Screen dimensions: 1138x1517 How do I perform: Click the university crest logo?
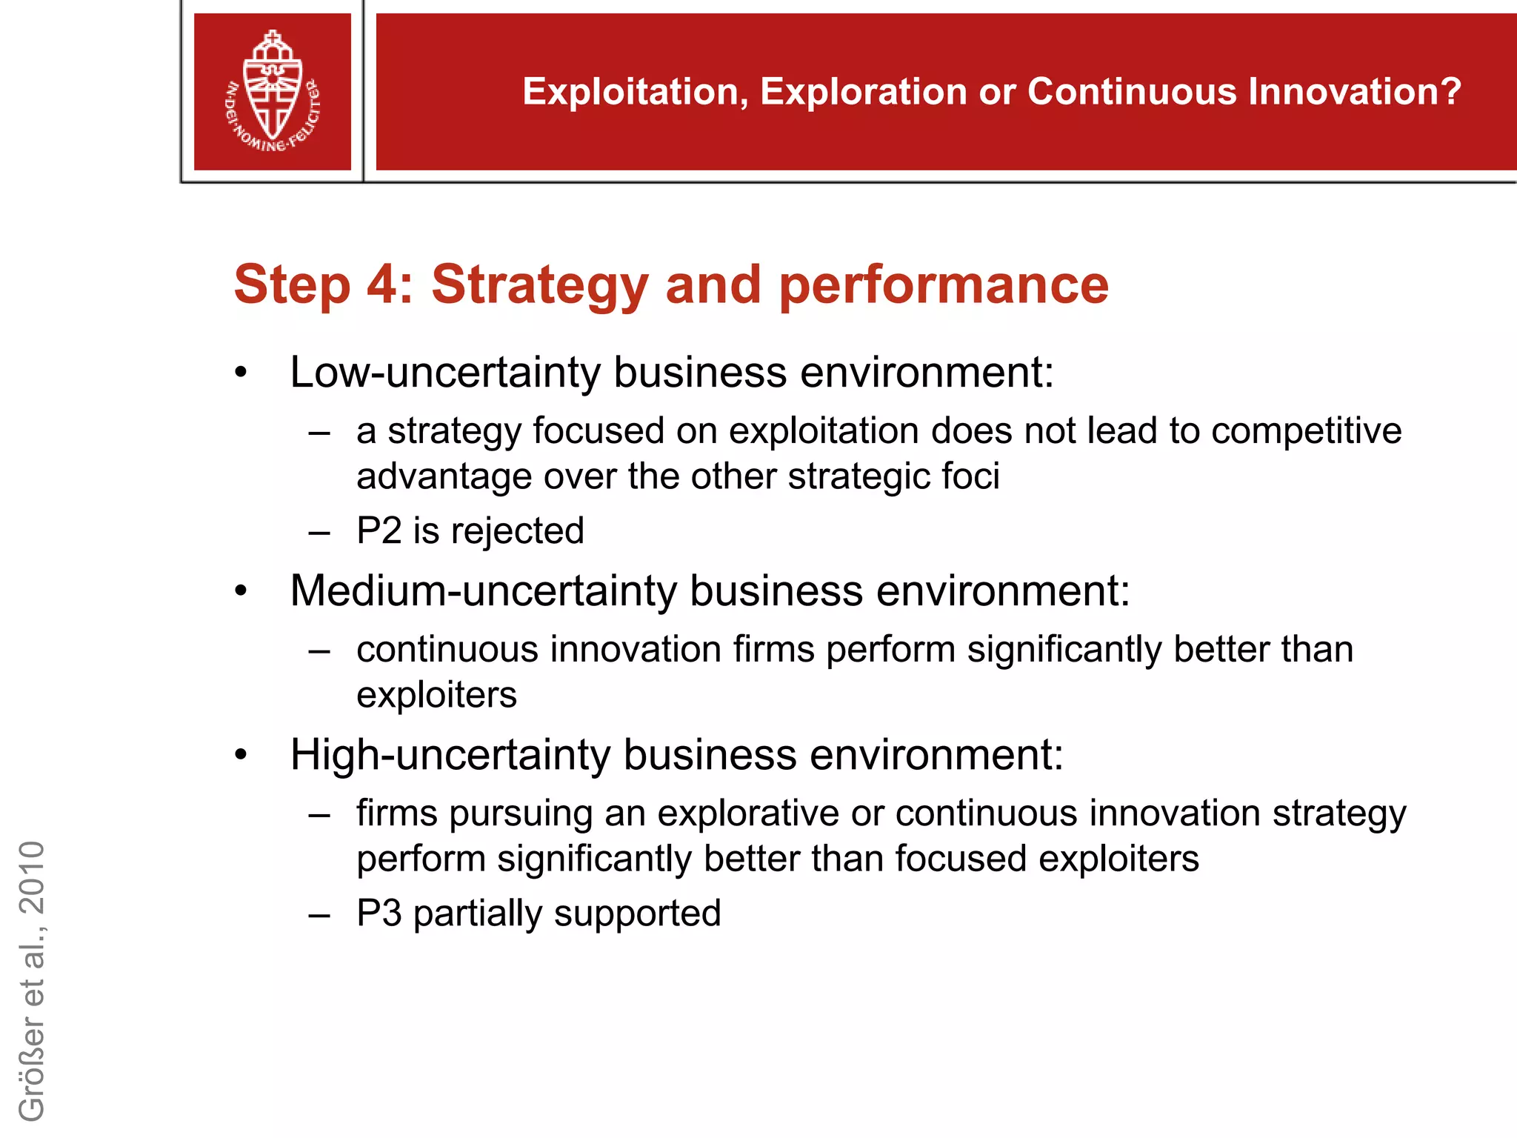pos(273,92)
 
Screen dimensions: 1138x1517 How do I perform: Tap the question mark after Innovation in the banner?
pos(1450,92)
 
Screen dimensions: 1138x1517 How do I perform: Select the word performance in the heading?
pos(944,284)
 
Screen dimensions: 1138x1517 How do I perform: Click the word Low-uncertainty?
pos(444,372)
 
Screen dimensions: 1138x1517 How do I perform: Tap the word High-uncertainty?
pos(450,755)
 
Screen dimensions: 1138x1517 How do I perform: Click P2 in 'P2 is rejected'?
pos(379,530)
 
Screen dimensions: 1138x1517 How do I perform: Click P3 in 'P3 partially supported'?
pos(379,913)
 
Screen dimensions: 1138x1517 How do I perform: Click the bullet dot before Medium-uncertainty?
pos(240,592)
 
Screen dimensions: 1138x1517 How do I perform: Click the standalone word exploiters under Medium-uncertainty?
pos(436,695)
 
